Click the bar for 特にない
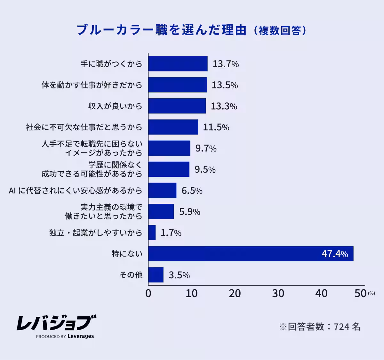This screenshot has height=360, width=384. click(x=251, y=254)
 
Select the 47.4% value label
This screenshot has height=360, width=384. click(x=335, y=254)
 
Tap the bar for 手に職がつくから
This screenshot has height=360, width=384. click(x=178, y=64)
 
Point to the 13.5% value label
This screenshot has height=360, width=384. click(x=225, y=85)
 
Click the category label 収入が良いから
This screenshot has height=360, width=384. click(x=115, y=106)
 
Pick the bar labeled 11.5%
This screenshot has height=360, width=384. click(x=173, y=127)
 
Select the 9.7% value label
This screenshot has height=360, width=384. click(x=206, y=148)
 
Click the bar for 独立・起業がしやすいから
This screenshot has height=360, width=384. click(x=152, y=233)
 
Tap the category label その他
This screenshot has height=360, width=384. click(x=131, y=275)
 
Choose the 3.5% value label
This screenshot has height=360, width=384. click(x=179, y=275)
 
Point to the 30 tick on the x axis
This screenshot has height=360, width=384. click(x=278, y=293)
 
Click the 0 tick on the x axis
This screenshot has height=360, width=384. click(x=148, y=293)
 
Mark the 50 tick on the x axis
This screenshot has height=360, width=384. click(x=360, y=293)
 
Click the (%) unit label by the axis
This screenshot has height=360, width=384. click(x=371, y=293)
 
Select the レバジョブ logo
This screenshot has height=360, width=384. click(x=56, y=323)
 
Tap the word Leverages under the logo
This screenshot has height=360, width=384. click(x=81, y=336)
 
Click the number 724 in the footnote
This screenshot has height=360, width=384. click(x=341, y=327)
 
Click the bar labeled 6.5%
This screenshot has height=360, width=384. click(x=162, y=191)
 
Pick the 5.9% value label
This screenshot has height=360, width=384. click(x=189, y=212)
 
